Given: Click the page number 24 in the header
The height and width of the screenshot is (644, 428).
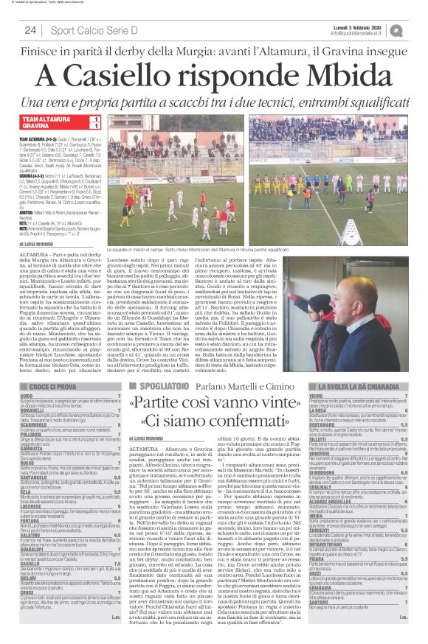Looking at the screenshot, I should [30, 29].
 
